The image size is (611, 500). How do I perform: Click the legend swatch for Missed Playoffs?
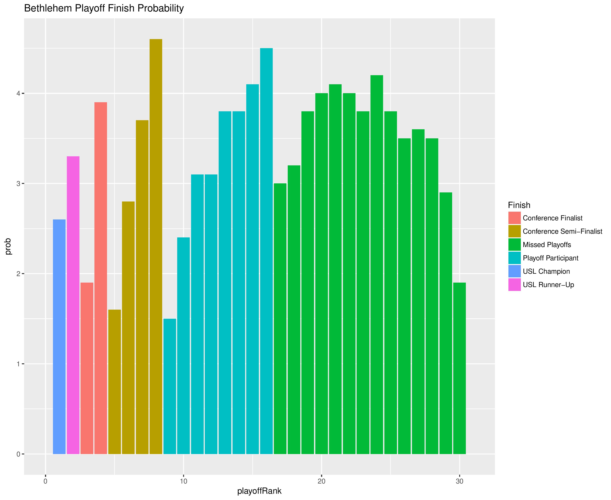[x=514, y=244]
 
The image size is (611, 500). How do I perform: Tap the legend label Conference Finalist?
[x=552, y=218]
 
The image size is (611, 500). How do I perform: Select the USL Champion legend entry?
[x=546, y=271]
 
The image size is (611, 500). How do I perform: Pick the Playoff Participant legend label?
[x=550, y=258]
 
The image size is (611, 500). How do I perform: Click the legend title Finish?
[x=519, y=205]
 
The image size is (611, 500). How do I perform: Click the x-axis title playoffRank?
[x=259, y=491]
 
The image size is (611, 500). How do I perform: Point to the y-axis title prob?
[x=8, y=246]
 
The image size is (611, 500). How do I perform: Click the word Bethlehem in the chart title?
[x=48, y=8]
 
